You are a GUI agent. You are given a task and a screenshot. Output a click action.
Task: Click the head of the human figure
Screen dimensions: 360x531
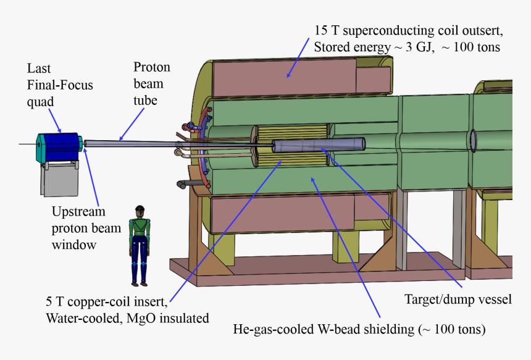(140, 212)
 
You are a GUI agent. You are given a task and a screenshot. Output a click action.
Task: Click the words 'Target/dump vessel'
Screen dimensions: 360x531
(458, 299)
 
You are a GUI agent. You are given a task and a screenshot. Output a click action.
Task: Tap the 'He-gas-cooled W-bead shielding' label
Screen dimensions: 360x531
(359, 330)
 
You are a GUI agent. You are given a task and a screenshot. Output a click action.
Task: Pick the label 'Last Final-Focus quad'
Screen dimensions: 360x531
(59, 85)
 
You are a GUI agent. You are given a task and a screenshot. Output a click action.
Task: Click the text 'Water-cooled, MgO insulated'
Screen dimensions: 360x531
(127, 319)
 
